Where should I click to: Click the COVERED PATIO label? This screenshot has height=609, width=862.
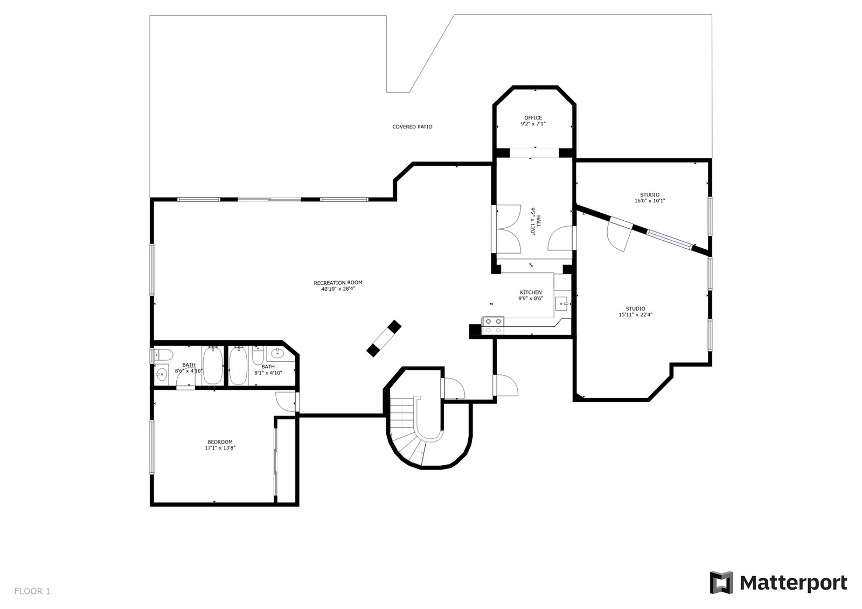[x=412, y=127]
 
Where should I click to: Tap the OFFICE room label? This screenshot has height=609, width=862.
[x=533, y=118]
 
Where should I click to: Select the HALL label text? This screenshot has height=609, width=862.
[x=537, y=221]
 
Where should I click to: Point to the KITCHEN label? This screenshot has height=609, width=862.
[x=531, y=292]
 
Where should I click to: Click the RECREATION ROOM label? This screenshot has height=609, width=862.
[x=338, y=283]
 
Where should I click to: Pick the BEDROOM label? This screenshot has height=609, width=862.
[x=220, y=442]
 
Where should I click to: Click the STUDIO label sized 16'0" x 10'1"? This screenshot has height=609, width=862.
[x=649, y=195]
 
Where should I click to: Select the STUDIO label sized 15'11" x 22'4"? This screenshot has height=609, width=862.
[x=635, y=309]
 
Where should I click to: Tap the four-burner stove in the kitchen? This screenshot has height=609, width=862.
[x=492, y=325]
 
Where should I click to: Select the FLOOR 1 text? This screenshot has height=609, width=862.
[x=32, y=591]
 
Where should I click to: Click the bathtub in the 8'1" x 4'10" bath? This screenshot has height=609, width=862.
[x=238, y=366]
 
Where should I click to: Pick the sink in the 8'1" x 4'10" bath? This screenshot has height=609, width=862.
[x=278, y=354]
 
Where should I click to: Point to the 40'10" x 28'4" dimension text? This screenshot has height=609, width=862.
[x=338, y=289]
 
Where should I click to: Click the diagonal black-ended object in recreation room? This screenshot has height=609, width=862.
[x=384, y=338]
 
